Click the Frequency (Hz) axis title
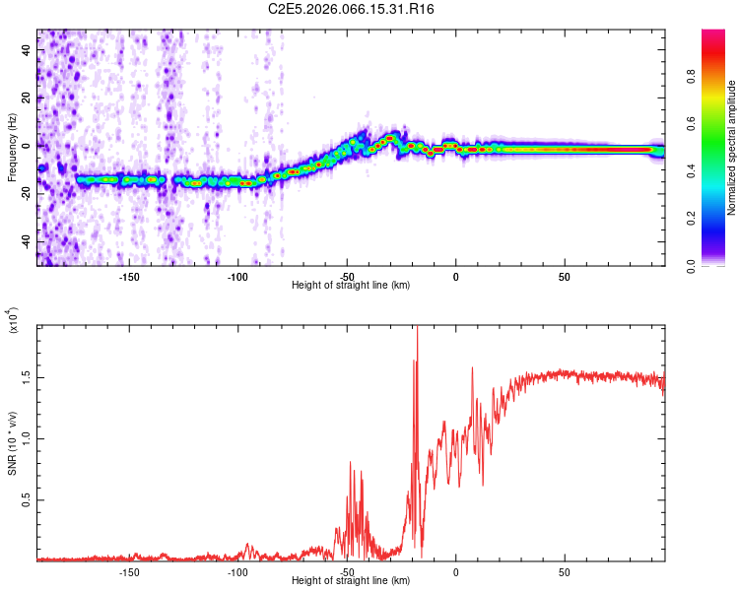click(13, 148)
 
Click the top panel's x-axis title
click(351, 285)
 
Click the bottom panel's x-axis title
click(351, 580)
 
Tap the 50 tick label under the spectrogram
click(564, 276)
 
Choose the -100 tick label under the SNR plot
click(237, 571)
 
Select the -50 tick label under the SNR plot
click(347, 571)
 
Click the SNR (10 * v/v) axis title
click(13, 443)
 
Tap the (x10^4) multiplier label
click(13, 320)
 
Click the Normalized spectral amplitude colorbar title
click(732, 148)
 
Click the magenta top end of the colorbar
click(713, 35)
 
